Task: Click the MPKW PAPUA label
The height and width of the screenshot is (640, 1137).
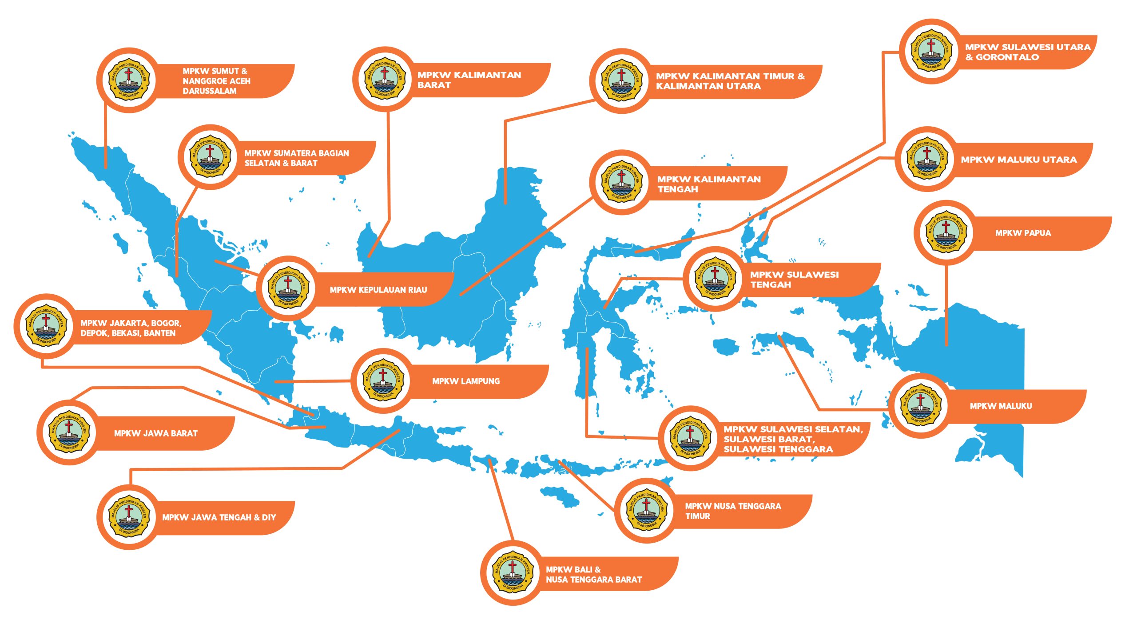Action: [x=1023, y=233]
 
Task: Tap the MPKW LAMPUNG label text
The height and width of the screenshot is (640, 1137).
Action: [x=466, y=381]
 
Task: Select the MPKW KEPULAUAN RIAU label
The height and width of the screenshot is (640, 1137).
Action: [x=378, y=290]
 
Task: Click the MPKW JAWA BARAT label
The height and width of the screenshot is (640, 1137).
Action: [x=155, y=433]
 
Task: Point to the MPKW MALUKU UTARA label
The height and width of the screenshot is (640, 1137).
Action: [x=1019, y=160]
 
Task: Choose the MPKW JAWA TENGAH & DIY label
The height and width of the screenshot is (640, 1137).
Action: [x=219, y=517]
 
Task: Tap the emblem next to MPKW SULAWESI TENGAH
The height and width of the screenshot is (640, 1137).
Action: [x=715, y=279]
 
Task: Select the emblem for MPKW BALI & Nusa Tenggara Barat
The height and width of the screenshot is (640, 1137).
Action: [x=513, y=573]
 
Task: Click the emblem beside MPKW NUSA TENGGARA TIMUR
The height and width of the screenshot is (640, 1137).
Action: [x=647, y=510]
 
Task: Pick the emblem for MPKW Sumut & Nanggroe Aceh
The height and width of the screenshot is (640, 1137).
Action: [x=129, y=80]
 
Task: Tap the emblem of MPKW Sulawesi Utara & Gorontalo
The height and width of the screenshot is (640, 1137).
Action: [x=931, y=51]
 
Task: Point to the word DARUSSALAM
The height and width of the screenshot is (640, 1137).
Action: [x=210, y=91]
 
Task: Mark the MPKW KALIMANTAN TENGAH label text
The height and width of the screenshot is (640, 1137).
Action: [x=709, y=184]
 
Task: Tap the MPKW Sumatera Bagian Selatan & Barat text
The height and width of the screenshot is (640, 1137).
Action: [x=297, y=158]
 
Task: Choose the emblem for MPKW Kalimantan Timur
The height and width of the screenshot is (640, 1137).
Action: [x=621, y=81]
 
